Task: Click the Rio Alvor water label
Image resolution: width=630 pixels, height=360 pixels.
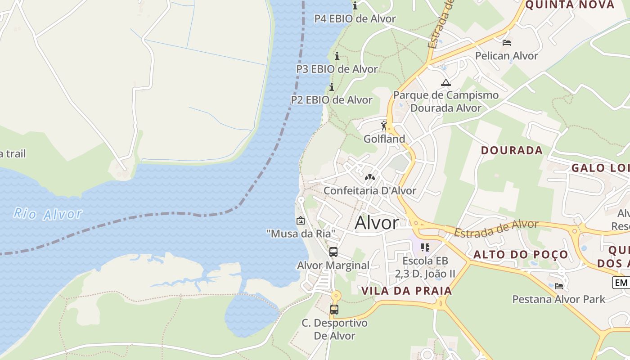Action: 48,214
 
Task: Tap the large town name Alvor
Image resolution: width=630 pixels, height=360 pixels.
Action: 377,223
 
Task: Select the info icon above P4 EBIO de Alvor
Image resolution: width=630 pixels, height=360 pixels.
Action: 355,6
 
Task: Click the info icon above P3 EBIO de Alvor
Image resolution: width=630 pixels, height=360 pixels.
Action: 337,56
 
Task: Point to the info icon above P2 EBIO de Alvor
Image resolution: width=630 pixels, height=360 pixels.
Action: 332,87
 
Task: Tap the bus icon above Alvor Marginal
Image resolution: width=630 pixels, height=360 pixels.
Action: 333,252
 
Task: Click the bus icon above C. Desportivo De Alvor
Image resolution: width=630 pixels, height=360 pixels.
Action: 334,310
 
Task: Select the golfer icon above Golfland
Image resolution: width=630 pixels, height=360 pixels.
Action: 384,126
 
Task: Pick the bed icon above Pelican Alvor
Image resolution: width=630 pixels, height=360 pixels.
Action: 507,43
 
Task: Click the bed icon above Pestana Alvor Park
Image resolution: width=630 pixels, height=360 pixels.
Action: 559,286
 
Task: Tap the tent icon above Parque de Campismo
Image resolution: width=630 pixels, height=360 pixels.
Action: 445,82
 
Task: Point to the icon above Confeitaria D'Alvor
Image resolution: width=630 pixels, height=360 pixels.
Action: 370,177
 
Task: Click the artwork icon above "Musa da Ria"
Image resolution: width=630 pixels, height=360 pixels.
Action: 300,220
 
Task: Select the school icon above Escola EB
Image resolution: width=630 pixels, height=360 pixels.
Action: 425,247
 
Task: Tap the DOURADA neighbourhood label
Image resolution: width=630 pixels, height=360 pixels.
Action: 512,150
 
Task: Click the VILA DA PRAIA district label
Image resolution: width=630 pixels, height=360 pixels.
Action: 407,291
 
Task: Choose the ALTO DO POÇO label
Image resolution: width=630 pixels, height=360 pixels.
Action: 521,255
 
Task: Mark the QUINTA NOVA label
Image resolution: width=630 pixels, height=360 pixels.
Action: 570,5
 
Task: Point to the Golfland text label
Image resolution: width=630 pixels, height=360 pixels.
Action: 384,139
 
